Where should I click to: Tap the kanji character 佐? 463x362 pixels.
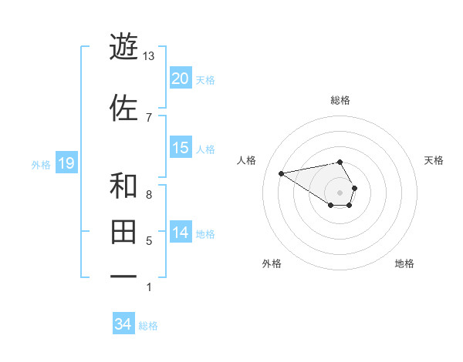123,108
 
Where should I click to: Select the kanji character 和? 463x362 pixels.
123,186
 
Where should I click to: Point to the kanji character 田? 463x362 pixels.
123,232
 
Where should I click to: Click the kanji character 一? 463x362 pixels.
123,277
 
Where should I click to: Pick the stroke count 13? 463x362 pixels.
149,56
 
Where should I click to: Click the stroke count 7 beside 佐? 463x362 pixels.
148,117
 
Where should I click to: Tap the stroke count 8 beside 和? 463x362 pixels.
148,195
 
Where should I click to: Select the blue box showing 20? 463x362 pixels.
180,79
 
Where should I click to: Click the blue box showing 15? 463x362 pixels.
180,148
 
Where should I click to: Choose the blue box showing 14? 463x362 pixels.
180,233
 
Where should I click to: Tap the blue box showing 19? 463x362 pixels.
66,163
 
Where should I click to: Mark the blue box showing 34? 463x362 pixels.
123,324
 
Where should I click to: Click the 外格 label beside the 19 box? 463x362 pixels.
40,164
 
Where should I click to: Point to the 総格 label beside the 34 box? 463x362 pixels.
148,326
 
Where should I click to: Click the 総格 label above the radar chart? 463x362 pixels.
340,100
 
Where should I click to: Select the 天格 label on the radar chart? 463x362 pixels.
434,160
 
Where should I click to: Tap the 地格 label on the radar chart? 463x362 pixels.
404,263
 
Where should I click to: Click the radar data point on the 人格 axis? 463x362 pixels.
281,173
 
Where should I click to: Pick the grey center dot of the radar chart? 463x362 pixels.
340,192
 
